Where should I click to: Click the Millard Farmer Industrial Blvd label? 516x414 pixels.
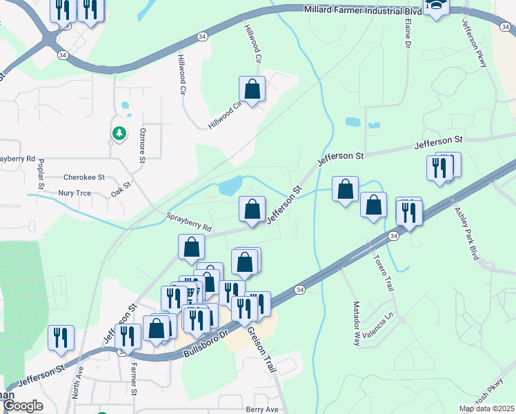tap(363, 10)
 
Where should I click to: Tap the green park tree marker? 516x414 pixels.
tap(119, 132)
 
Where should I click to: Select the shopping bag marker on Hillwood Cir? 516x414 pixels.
tap(252, 89)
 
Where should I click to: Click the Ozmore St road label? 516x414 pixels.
tap(143, 145)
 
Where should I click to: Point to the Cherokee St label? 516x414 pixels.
tap(83, 177)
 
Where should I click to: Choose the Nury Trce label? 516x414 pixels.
tap(76, 194)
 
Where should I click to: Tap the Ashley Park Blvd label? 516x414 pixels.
tap(466, 231)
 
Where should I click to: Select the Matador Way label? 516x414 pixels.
tap(357, 328)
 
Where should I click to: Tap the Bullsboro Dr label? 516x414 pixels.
tap(206, 343)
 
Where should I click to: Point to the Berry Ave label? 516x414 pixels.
tap(261, 409)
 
